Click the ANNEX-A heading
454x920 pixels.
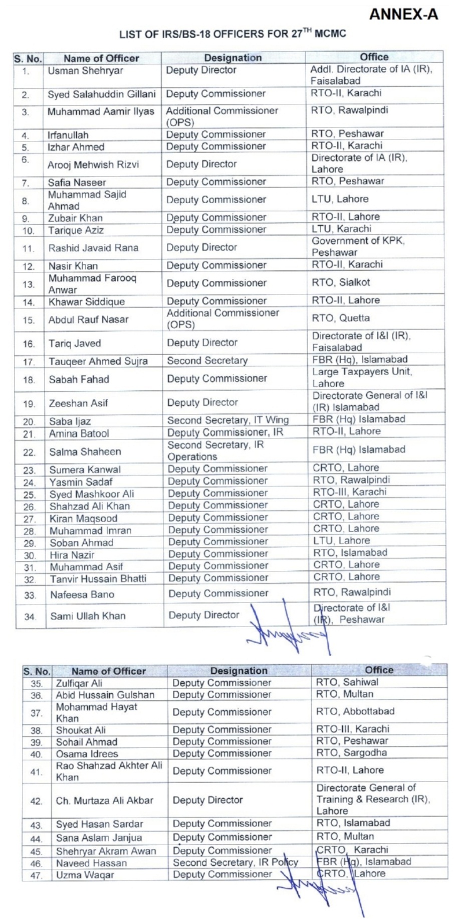403,15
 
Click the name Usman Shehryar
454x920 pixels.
85,71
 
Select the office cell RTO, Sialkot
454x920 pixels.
341,282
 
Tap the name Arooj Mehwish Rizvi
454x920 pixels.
93,165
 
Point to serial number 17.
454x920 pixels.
29,362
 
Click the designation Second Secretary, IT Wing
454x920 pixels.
228,420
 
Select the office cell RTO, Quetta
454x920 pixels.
341,318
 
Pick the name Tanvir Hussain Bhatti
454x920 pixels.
98,579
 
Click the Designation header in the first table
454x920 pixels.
233,58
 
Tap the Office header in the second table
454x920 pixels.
379,670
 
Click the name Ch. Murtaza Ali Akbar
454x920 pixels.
104,801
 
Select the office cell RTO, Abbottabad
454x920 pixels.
355,711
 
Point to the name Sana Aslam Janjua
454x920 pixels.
99,838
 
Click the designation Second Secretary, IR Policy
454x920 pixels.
235,862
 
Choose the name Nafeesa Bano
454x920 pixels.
82,595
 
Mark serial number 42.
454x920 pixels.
36,801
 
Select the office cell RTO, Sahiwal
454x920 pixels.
347,682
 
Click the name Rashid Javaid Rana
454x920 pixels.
93,248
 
